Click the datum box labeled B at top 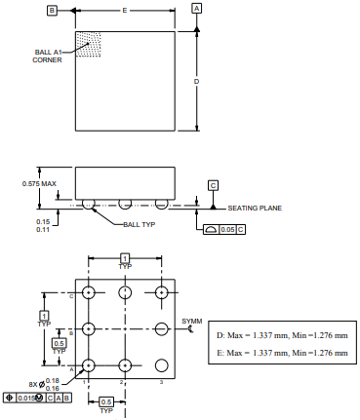click(x=52, y=11)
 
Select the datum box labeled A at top click(x=196, y=9)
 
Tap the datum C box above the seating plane click(x=213, y=185)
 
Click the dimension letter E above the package click(x=125, y=11)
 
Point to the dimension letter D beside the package click(x=196, y=81)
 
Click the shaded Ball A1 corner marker click(x=88, y=44)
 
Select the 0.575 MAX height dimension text click(x=39, y=183)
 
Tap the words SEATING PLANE click(x=255, y=208)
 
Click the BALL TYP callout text click(x=140, y=224)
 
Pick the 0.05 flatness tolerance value click(x=227, y=229)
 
